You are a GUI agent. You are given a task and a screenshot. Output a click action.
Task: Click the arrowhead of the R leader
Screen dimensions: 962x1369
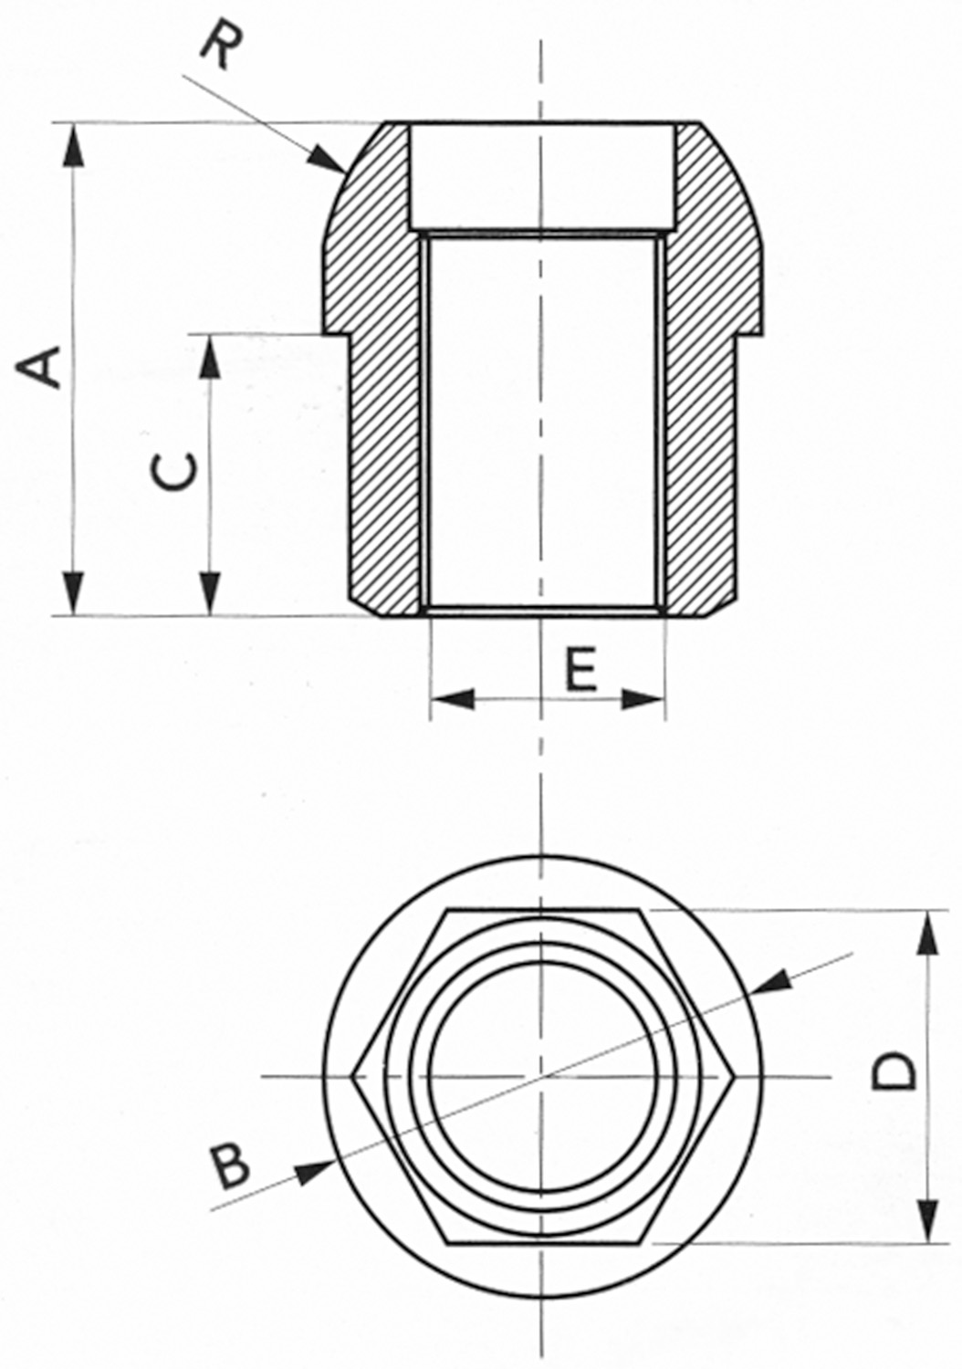(326, 159)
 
